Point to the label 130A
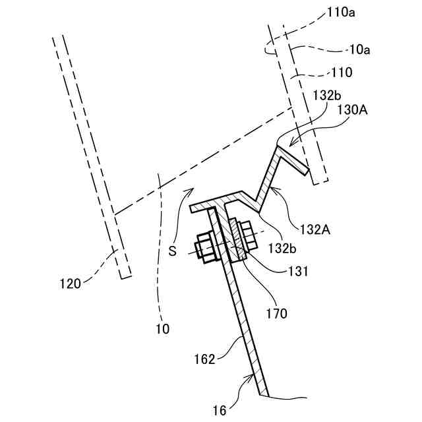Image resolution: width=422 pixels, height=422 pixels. pos(353,109)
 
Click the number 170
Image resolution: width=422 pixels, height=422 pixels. pos(277,313)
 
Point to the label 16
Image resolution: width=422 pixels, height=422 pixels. pos(220,410)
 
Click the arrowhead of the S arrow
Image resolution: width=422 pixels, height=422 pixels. pos(191,188)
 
